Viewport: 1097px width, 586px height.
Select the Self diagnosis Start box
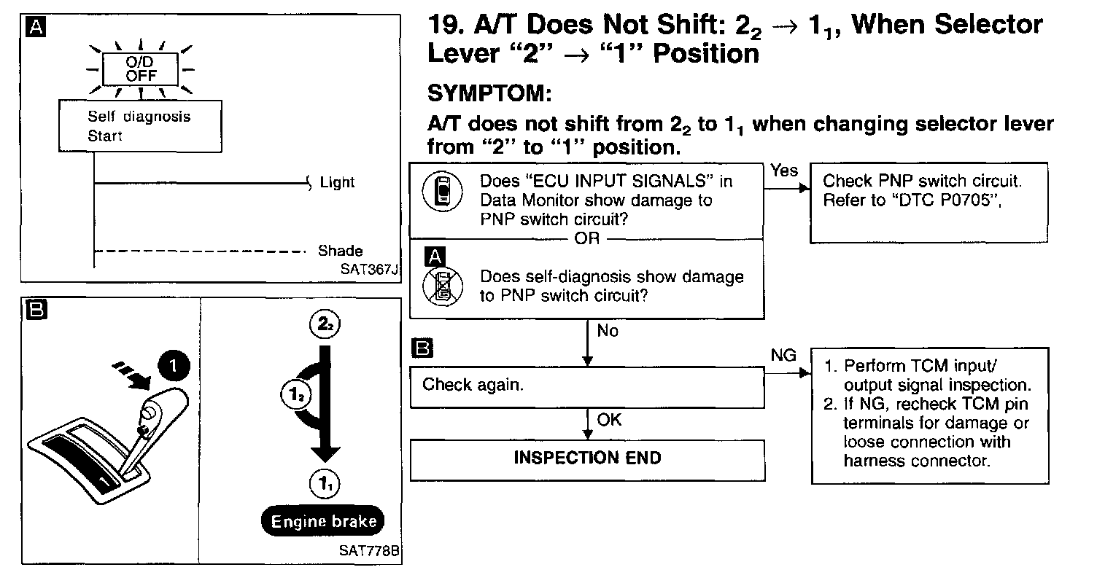point(139,126)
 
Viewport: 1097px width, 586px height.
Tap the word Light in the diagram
point(337,182)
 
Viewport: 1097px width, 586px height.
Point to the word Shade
point(340,251)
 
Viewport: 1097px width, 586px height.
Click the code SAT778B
point(369,550)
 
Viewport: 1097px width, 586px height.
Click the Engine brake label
point(324,521)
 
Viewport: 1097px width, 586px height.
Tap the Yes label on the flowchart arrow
point(784,171)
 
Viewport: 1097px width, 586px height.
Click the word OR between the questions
point(586,239)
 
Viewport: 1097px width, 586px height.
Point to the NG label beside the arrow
point(783,355)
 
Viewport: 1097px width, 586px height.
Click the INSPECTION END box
point(586,458)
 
